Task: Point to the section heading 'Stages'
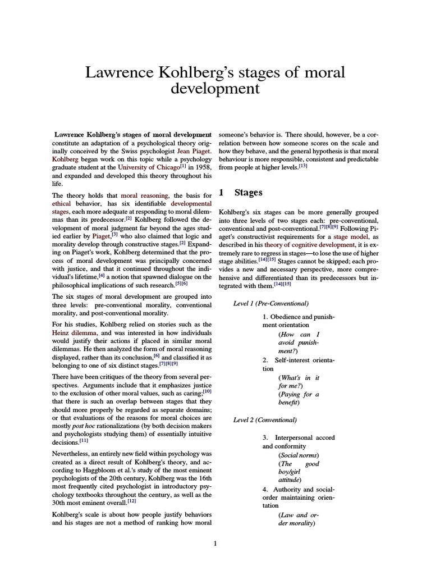tap(248, 193)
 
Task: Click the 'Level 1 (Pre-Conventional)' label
tap(271, 304)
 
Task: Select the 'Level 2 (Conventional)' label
tap(265, 419)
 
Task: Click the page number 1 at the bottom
tap(215, 543)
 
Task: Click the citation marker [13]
tap(303, 166)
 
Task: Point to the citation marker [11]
tap(80, 442)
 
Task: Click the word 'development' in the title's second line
tap(215, 89)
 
